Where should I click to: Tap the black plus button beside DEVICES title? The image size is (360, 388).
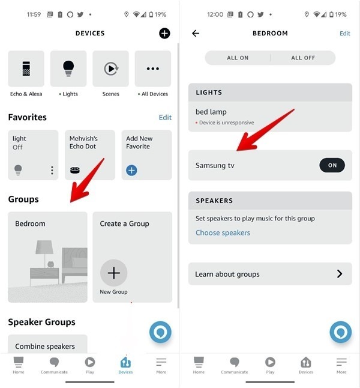pos(164,34)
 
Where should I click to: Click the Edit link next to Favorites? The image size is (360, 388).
pos(165,118)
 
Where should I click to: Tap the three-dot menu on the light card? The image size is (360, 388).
pos(52,171)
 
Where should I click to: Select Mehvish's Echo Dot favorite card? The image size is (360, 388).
pos(89,154)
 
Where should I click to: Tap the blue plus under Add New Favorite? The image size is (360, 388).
pos(131,171)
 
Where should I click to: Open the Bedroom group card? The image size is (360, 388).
pos(47,256)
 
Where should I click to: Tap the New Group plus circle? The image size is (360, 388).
pos(113,273)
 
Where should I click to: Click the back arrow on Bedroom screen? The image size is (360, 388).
pos(196,34)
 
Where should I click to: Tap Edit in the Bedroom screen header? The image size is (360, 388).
pos(344,34)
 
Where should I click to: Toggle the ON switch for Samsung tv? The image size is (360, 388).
pos(332,166)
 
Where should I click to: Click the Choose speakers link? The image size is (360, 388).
pos(223,233)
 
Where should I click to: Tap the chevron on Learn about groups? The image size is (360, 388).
pos(340,274)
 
